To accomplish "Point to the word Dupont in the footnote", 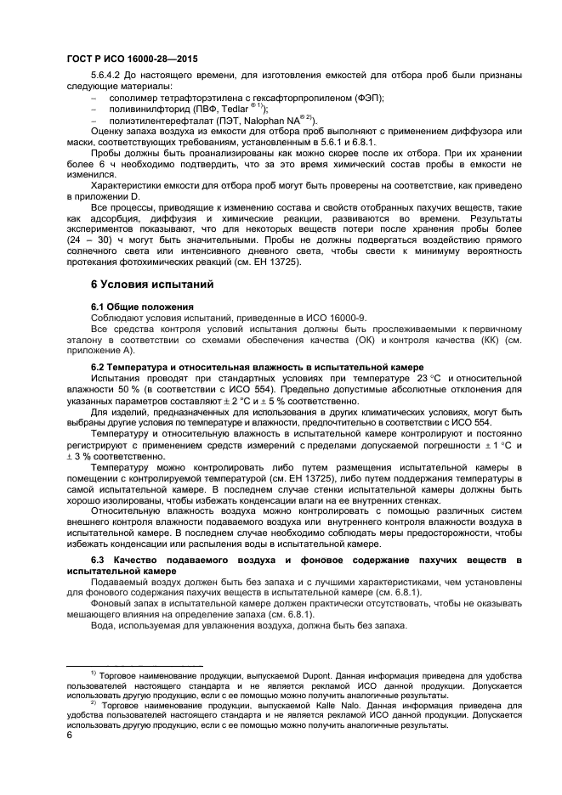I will [x=316, y=673].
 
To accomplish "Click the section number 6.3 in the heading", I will [x=100, y=562].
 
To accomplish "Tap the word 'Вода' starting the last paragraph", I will [x=103, y=626].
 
